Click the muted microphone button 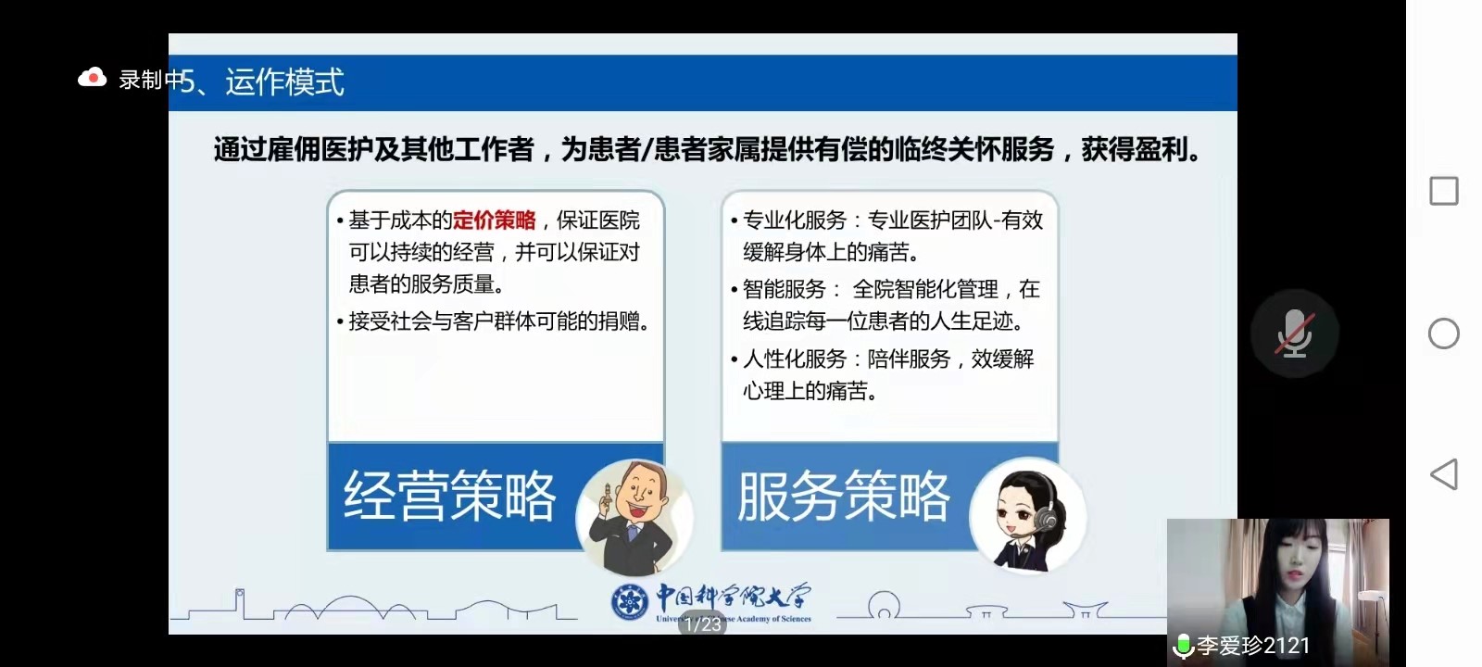1294,333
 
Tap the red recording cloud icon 92,78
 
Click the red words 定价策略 495,220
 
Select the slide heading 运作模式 284,82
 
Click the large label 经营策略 449,496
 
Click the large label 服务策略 844,496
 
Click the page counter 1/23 703,624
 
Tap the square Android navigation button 1444,191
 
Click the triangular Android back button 1444,473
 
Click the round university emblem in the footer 629,601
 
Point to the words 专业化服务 795,220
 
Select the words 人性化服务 795,359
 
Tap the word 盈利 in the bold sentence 1162,149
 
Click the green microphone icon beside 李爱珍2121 1183,646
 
